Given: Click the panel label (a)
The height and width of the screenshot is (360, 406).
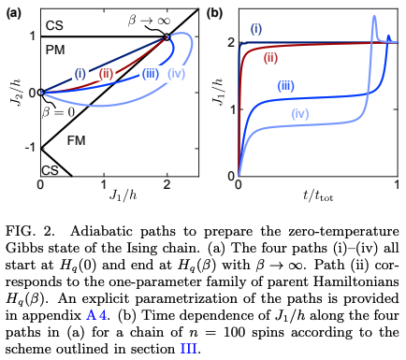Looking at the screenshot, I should pos(14,13).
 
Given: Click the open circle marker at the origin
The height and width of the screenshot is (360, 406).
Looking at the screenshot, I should pos(40,93).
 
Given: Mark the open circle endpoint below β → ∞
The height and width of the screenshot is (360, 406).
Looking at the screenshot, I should pos(167,37).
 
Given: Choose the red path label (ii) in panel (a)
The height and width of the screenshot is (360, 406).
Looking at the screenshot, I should pos(105,73).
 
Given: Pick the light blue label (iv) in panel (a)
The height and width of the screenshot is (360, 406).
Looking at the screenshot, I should pos(177,74).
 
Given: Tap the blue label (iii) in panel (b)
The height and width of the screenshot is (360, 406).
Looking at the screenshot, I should pos(286,86).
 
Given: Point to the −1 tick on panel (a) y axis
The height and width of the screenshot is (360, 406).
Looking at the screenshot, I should pos(29,148).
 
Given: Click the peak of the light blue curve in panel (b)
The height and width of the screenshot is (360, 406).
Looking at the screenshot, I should pos(374,16).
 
